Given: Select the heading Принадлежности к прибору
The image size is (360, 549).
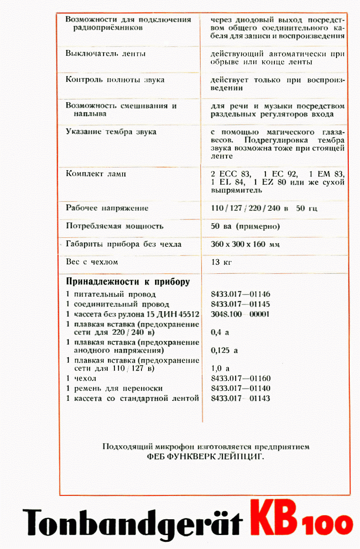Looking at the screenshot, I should (x=128, y=282).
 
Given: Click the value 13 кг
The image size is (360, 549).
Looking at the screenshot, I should (x=221, y=262).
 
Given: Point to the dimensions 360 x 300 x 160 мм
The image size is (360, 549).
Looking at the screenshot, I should (x=245, y=244).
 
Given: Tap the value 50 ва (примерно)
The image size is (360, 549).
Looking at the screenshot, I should (x=245, y=226).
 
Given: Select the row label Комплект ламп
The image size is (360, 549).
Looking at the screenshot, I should (x=96, y=173).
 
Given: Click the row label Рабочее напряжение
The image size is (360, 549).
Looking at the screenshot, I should (x=107, y=208).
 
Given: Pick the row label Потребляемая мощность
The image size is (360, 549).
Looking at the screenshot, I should (x=114, y=226).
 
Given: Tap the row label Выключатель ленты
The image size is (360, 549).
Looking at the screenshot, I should (x=105, y=54).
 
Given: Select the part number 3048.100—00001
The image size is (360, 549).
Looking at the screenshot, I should (x=240, y=314).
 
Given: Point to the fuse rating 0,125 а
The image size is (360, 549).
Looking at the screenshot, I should (x=224, y=350).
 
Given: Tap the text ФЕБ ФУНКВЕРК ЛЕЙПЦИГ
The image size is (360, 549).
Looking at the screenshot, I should (x=206, y=456).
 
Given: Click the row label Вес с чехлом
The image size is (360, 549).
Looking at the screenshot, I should (x=92, y=262).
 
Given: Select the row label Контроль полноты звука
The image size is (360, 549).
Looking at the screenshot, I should (x=115, y=80).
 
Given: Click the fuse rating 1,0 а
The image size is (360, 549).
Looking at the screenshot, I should (x=220, y=368).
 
